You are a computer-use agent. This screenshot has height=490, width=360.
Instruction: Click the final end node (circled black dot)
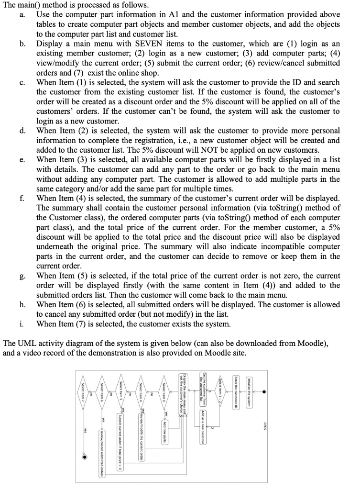85,457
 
